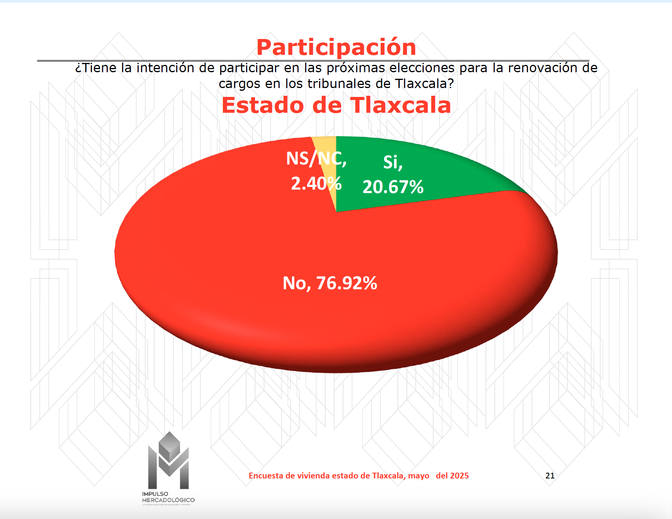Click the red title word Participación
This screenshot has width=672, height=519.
point(336,47)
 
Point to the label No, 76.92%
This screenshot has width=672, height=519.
point(330,283)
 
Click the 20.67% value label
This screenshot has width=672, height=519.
point(393,187)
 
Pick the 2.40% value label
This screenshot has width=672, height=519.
point(316,183)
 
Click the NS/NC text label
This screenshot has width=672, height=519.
point(316,159)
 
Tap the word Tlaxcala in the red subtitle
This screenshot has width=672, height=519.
point(400,105)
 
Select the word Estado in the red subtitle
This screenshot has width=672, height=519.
point(263,105)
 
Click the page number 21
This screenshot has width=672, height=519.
point(550,476)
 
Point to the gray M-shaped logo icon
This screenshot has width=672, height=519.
point(168,460)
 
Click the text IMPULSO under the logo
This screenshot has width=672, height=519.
point(155,494)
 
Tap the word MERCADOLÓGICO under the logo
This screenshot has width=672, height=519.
point(168,500)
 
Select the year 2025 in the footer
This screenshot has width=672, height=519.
point(459,476)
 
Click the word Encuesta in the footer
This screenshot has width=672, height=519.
point(266,476)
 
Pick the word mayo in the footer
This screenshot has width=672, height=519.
point(419,476)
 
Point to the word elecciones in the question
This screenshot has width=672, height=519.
point(422,68)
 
